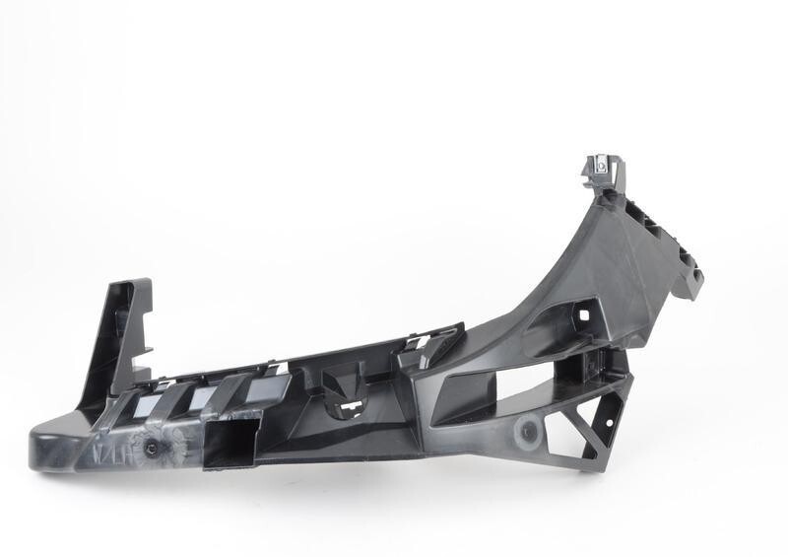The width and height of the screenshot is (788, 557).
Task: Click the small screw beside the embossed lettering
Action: [153, 448]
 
